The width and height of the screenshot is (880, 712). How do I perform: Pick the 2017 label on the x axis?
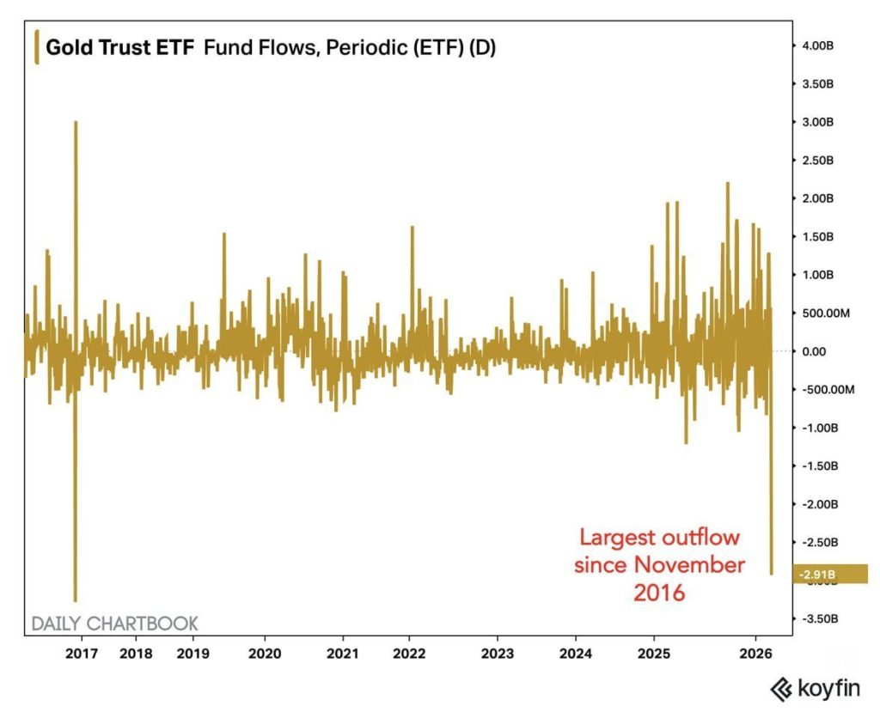click(82, 651)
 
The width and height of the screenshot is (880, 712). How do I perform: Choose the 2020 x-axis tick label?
click(264, 651)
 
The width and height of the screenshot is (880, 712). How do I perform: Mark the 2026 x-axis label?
click(755, 651)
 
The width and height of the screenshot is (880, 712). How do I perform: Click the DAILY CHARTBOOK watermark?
click(115, 623)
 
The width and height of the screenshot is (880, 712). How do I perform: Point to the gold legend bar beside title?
click(35, 46)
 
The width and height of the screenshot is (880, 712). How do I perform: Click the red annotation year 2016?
click(659, 592)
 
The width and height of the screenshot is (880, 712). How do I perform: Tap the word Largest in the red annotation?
click(616, 539)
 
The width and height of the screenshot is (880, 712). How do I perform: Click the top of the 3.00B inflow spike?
click(76, 122)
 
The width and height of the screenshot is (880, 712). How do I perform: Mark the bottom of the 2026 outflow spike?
click(771, 574)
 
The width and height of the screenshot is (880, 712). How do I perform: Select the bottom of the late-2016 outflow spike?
click(76, 600)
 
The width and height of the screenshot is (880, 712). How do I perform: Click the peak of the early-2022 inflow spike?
click(412, 228)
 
